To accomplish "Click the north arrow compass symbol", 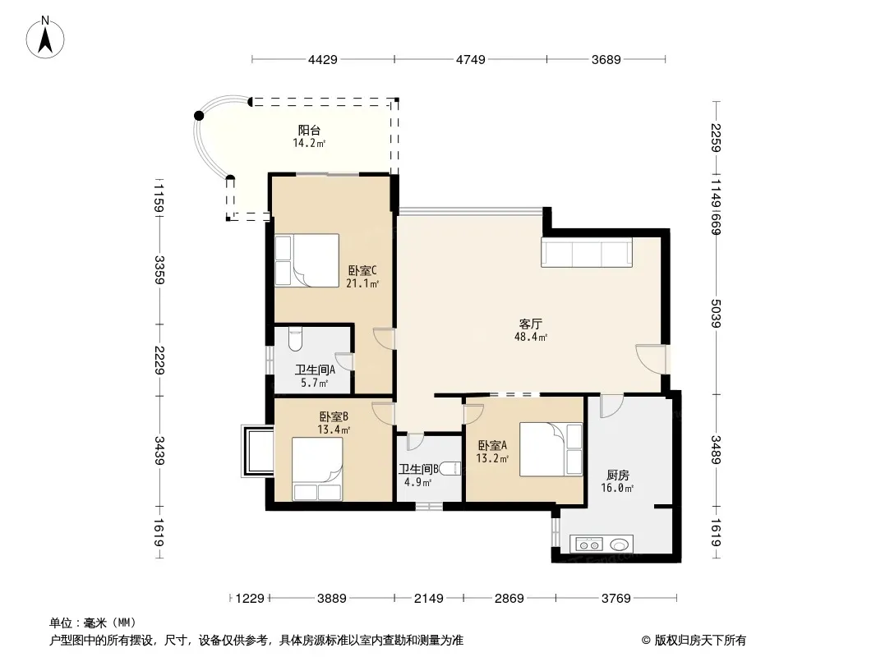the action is click(45, 38).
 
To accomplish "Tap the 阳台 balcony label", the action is click(309, 131).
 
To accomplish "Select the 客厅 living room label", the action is click(530, 324).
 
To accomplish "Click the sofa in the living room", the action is click(587, 252).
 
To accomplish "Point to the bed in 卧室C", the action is click(307, 260).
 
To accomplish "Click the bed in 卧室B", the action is click(317, 469).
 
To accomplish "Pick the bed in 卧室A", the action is click(551, 449).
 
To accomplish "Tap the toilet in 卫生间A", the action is click(294, 339).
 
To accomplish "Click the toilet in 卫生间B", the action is click(450, 469).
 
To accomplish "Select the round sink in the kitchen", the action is click(619, 544).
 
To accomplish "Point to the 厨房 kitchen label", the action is click(618, 475).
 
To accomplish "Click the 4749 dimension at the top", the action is click(470, 59).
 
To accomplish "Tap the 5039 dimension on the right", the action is click(716, 314).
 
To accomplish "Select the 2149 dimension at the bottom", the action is click(428, 599).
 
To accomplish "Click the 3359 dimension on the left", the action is click(159, 269).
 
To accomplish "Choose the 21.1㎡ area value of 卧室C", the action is click(362, 283).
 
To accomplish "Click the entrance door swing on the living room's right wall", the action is click(651, 360).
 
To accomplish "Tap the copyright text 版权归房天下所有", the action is click(700, 641).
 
